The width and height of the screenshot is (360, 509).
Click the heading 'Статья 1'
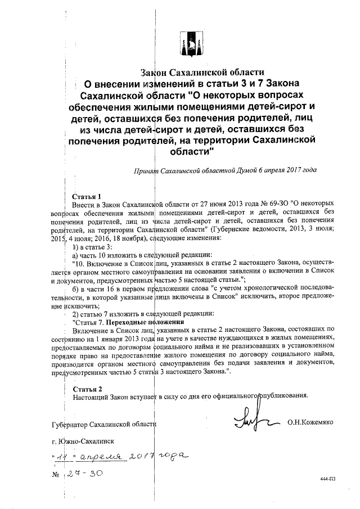pyautogui.click(x=87, y=197)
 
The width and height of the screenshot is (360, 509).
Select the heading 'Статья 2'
pyautogui.click(x=87, y=389)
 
